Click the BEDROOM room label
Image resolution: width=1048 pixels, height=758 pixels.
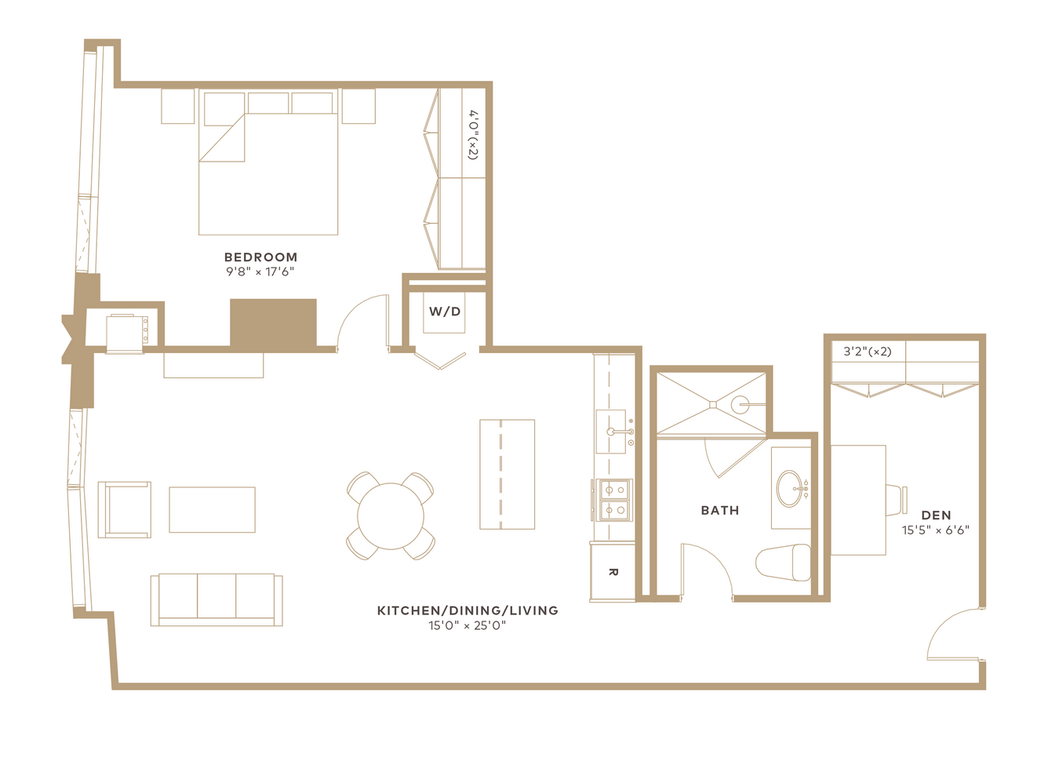click(260, 257)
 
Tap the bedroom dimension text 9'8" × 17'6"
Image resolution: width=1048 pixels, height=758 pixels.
click(260, 271)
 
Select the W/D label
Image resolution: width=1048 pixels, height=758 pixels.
click(445, 312)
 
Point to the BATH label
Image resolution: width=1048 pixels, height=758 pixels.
click(720, 510)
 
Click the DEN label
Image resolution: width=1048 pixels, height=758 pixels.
click(936, 516)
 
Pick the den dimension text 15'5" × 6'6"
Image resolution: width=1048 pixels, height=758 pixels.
click(936, 530)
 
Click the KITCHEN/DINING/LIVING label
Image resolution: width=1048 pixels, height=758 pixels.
click(468, 610)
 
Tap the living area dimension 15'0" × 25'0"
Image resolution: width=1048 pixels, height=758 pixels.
click(468, 625)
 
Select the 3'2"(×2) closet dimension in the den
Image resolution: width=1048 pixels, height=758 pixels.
click(868, 352)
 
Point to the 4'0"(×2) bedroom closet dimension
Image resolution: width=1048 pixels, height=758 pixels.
click(474, 135)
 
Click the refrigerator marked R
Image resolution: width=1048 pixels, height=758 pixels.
click(613, 572)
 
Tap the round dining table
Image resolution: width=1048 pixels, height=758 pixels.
click(391, 516)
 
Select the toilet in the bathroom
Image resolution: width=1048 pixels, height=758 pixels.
click(783, 563)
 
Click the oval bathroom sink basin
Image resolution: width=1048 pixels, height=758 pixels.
click(789, 489)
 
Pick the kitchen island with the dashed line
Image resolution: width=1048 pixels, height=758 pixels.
click(508, 475)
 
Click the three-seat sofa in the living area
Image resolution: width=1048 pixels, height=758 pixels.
click(217, 599)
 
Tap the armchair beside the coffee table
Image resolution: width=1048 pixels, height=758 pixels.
click(125, 509)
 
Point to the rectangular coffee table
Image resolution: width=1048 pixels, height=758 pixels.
click(213, 509)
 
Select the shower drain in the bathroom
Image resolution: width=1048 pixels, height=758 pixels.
click(713, 405)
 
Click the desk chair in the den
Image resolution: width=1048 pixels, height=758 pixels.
click(897, 500)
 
